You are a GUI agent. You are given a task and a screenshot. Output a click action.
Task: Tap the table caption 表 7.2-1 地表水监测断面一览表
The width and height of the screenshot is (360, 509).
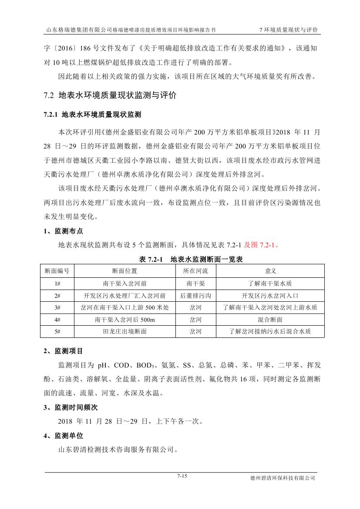coord(190,260)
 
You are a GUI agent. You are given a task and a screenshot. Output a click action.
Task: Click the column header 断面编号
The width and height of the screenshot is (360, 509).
coord(57,271)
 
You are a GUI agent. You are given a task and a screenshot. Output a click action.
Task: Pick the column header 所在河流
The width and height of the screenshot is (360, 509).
coord(195,271)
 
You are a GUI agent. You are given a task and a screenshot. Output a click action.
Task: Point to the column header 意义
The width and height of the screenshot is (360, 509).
coord(270,271)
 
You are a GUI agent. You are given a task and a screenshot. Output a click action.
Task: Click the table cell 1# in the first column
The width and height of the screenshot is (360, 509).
coord(57,283)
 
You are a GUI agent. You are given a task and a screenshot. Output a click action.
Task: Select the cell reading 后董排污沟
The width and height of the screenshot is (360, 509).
coord(195,295)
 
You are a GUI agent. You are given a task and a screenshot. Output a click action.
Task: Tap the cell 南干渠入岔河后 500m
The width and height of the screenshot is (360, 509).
coord(124,320)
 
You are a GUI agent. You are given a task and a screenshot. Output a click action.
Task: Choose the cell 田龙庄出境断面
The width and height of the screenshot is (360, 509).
coord(124,331)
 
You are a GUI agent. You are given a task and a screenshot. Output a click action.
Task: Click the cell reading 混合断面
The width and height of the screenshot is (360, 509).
coord(270,320)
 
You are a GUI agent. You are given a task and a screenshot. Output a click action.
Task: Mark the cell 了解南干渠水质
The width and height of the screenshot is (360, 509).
coord(270,283)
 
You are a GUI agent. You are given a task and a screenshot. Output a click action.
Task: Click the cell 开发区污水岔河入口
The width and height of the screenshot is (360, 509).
coord(270,295)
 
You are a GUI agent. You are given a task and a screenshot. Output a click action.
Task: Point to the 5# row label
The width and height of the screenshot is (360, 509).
coord(57,331)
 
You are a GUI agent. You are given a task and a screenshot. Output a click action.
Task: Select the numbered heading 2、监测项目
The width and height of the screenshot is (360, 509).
coord(64,351)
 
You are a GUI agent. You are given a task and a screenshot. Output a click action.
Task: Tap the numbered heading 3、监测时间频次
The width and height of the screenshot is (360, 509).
coord(71,408)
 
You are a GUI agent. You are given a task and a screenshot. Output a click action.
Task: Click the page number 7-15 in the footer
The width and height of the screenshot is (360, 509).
coord(182,476)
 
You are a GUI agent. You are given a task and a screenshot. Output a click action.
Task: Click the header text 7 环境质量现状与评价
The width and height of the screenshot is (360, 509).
coord(288,30)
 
